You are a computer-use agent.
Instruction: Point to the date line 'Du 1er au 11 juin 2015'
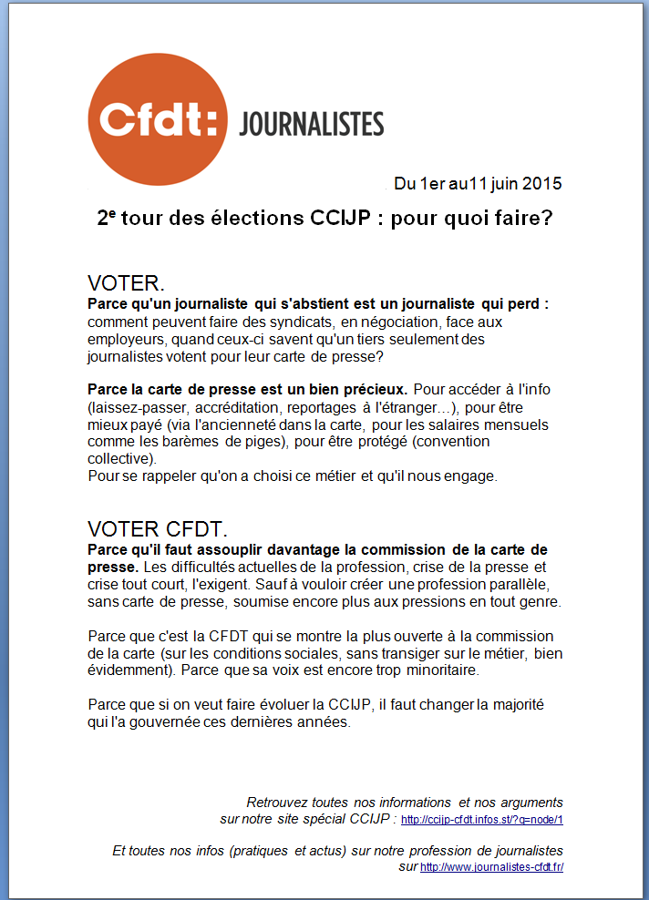478,183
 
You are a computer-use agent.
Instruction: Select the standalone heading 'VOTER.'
126,282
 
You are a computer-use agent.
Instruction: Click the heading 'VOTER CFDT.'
158,529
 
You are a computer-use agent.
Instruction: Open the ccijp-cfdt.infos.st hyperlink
482,820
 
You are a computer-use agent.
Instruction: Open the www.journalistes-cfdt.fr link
492,867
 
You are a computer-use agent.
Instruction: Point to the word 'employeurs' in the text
124,339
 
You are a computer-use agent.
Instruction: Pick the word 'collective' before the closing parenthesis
120,458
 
